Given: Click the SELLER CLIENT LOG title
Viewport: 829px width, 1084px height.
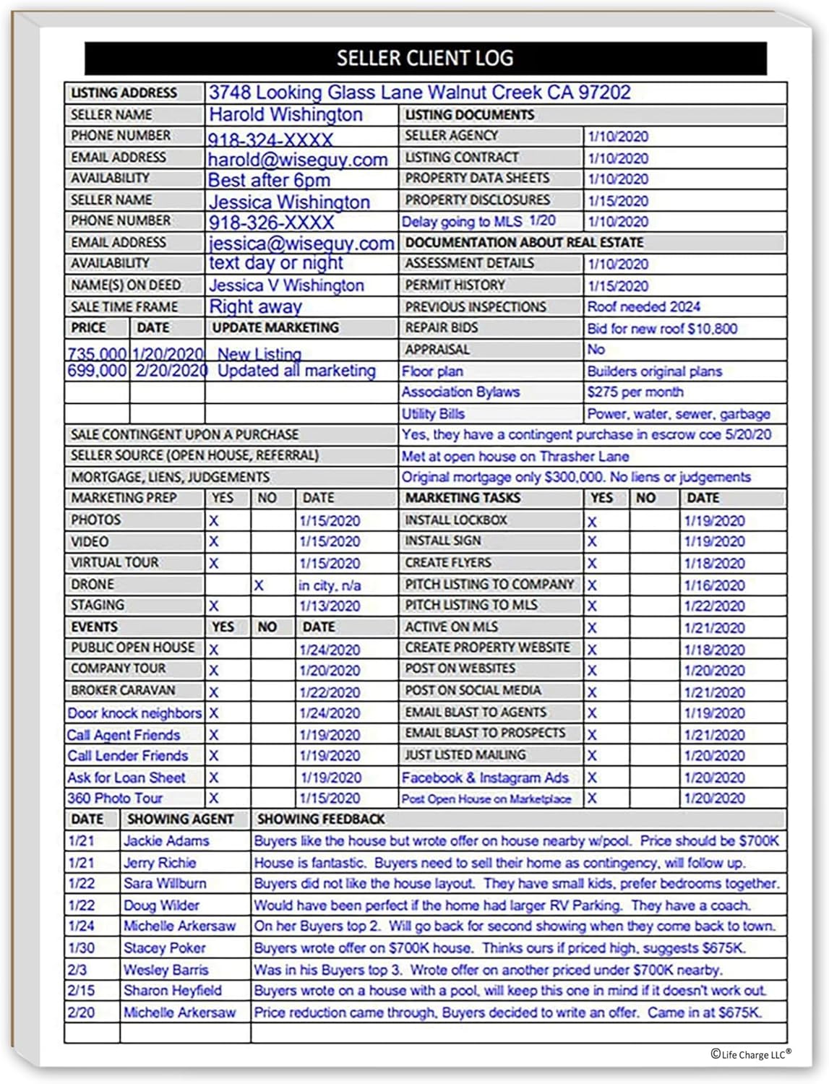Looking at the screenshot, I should tap(425, 58).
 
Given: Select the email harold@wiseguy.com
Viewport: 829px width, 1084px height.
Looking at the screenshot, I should tap(298, 159).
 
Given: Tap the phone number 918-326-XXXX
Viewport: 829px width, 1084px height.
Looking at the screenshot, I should tap(272, 223).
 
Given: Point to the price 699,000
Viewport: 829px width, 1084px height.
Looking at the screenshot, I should tap(97, 371).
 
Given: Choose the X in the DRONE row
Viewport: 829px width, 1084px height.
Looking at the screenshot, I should tap(258, 585).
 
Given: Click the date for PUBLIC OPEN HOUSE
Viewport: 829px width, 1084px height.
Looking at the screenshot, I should tap(330, 650).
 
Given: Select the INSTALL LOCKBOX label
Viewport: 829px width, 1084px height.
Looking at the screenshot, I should tap(456, 520).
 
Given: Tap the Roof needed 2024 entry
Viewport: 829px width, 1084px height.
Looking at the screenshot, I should tap(643, 307).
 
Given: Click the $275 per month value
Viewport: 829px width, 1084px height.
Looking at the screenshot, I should tap(635, 392).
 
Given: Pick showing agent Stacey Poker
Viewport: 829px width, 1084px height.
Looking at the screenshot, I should tap(164, 948).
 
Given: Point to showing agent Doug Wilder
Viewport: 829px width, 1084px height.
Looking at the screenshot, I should tap(161, 906).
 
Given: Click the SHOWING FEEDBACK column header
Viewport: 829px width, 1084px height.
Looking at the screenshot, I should tap(321, 820).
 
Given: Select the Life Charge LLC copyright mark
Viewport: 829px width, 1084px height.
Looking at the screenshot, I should tap(750, 1054).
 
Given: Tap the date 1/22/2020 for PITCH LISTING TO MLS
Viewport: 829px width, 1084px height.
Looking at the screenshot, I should tap(714, 606).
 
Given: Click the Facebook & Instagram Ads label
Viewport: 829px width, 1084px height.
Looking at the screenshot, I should tap(485, 778).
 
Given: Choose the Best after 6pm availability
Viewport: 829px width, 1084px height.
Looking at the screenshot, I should tap(269, 180).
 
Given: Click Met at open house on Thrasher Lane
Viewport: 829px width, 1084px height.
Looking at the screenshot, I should tap(515, 457).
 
